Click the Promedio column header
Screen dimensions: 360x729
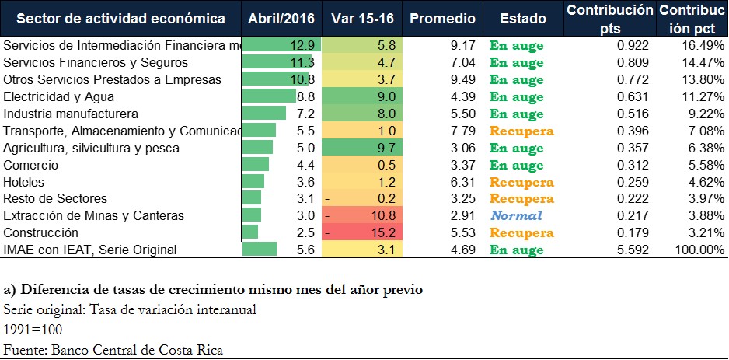click(442, 18)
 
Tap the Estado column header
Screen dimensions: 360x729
click(522, 18)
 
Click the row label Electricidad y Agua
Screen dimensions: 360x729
click(59, 96)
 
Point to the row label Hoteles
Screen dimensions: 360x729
click(25, 182)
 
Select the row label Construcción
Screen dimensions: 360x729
click(41, 232)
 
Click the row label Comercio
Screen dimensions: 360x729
click(30, 165)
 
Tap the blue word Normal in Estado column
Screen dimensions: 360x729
click(515, 215)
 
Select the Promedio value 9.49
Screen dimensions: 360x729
click(463, 79)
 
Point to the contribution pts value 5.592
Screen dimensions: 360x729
click(632, 250)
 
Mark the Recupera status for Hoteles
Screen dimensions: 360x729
click(521, 182)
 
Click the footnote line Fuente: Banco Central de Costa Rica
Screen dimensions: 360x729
click(113, 349)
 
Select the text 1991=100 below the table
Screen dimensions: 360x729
click(33, 329)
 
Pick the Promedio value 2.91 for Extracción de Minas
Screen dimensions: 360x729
click(463, 215)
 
